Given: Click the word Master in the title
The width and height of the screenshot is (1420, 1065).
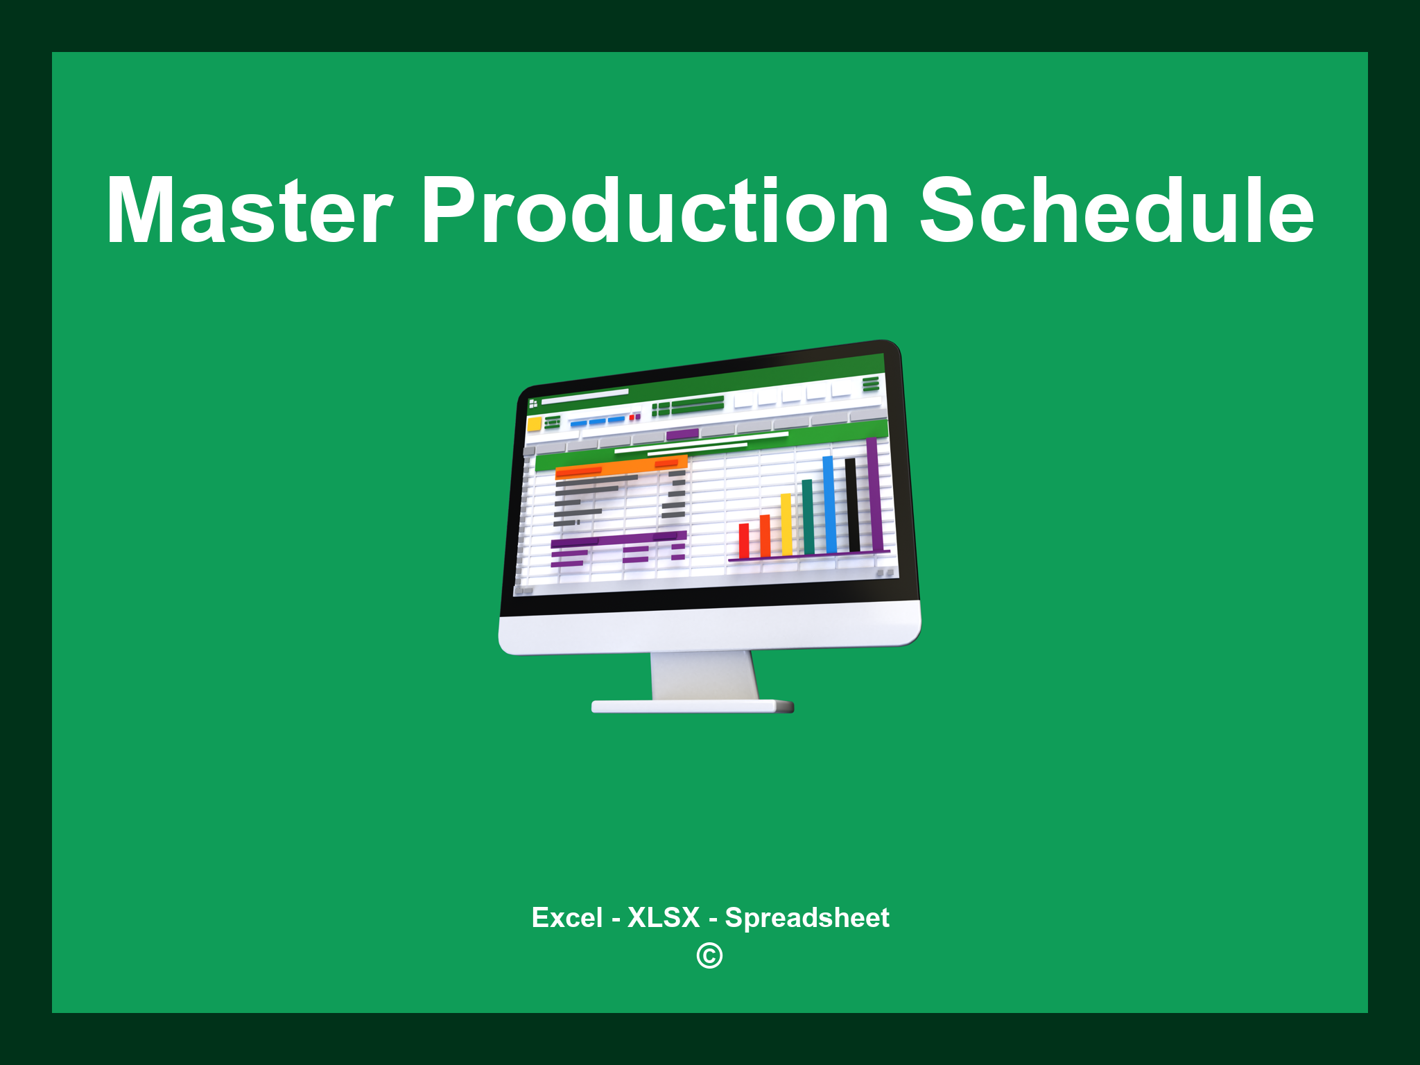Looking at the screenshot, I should point(250,211).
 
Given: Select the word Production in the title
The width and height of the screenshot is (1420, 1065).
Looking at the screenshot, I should point(655,211).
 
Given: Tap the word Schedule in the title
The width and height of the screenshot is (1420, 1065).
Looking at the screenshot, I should point(1116,211).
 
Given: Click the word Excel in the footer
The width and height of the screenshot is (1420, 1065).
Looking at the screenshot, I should point(566,918).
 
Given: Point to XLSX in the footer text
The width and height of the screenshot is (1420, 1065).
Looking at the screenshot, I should point(664,918).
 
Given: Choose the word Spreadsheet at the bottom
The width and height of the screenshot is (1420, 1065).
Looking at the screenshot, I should point(806,918).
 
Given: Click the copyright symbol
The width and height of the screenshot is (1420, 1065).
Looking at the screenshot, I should point(709,956).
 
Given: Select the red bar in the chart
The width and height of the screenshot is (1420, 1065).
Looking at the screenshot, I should point(744,541).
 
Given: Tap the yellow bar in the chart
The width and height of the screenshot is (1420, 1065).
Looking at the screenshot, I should point(786,524).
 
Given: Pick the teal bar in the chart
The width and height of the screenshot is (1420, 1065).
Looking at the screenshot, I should point(808,517).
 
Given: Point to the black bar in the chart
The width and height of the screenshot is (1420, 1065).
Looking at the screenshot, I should point(852,504).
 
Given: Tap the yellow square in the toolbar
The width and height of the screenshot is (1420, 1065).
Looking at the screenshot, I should point(535,424).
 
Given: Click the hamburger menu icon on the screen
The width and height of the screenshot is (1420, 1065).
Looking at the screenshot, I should point(871,383).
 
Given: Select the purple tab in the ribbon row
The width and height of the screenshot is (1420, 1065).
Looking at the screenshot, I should point(682,435).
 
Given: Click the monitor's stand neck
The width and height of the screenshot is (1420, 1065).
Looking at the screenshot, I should point(704,675).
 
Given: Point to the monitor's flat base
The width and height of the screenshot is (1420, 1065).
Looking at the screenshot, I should point(692,707).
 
